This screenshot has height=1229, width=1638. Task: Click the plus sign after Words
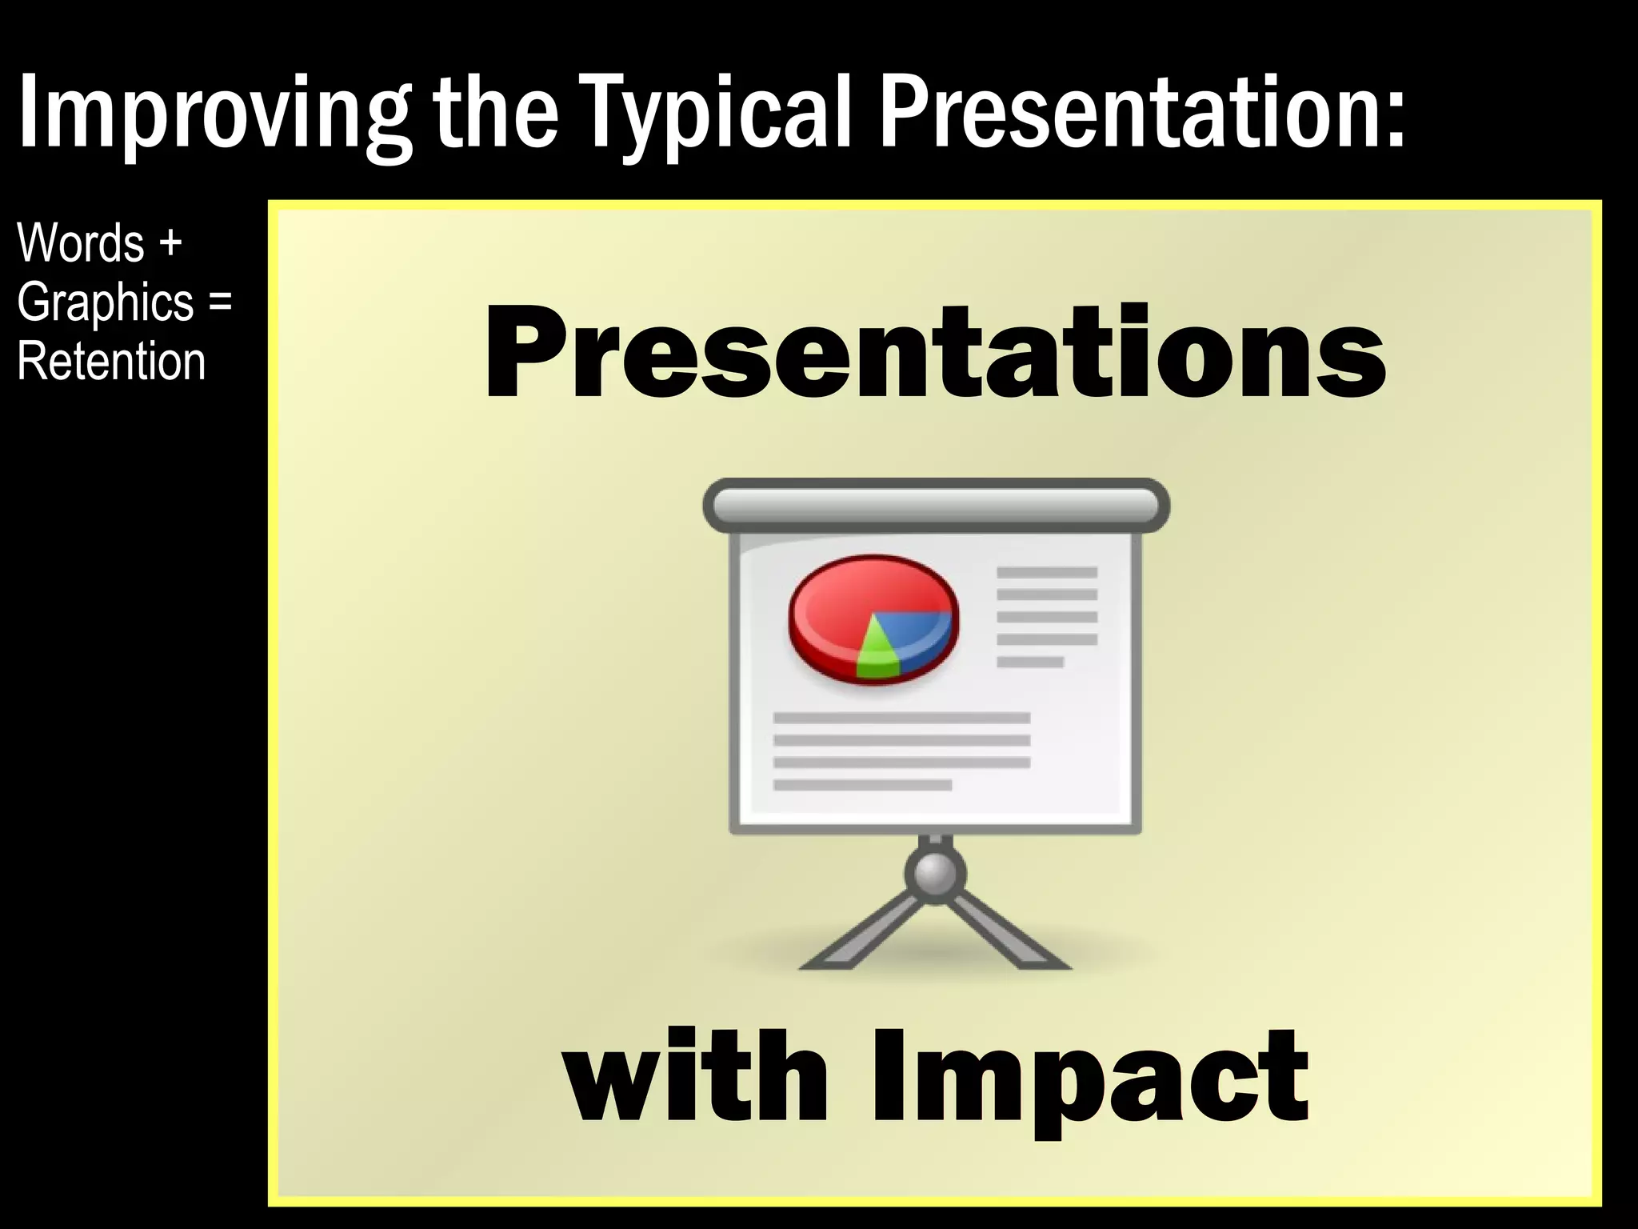[170, 244]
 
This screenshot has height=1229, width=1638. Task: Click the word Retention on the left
[111, 362]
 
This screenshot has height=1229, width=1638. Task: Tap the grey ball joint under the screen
[935, 874]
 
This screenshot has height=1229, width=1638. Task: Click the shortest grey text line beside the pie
[1030, 662]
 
